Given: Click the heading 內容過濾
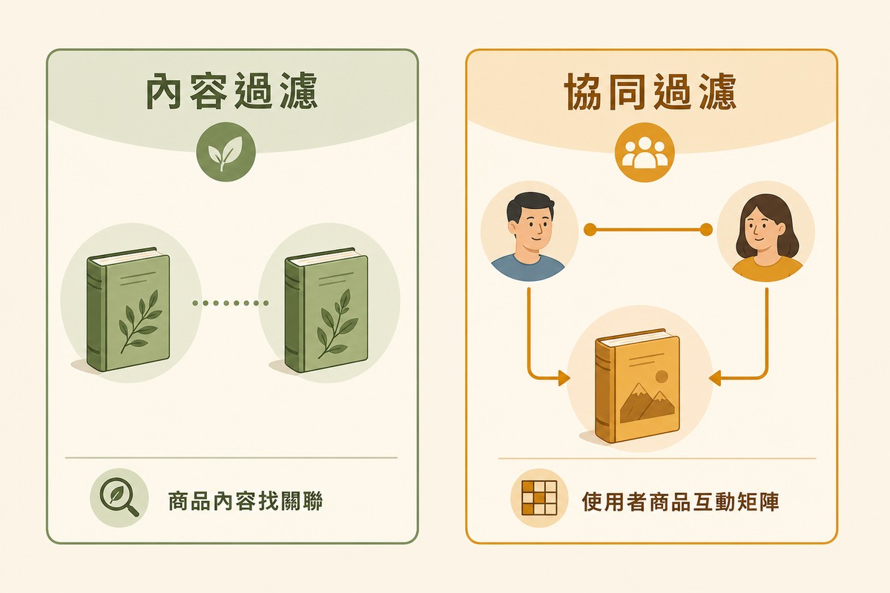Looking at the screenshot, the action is (x=232, y=91).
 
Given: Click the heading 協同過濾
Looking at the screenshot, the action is (x=650, y=91).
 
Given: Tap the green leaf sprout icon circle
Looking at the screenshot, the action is (x=225, y=152).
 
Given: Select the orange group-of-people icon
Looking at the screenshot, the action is (x=645, y=152).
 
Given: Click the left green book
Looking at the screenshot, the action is (x=128, y=309).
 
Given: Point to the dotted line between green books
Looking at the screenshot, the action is (x=231, y=303).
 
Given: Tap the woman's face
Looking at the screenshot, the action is (x=761, y=231).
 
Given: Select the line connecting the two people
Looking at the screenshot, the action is (x=647, y=230).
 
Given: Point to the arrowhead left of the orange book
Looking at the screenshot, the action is (x=564, y=378).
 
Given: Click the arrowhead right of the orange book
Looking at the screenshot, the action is (x=715, y=378).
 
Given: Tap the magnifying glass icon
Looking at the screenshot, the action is (x=119, y=497).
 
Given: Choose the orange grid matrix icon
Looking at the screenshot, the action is (x=539, y=498).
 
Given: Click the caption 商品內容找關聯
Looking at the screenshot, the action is (x=245, y=501).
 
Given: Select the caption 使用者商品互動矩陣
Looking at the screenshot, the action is (x=680, y=501).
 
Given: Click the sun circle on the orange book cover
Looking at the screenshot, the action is (x=661, y=377).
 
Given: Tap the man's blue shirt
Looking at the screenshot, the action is (x=528, y=268).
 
